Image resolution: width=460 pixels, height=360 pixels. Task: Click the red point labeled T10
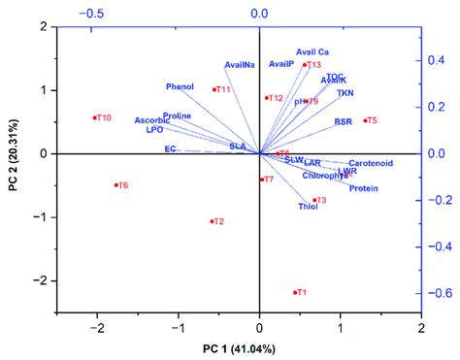[x=95, y=118]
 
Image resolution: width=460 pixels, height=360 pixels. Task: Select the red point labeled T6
[x=116, y=185]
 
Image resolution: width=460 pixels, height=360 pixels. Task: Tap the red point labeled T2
[x=213, y=221]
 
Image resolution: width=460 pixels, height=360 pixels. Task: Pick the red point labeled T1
[x=295, y=292]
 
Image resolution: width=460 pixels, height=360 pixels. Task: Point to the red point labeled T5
[x=365, y=120]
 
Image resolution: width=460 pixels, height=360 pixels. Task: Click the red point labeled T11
[x=214, y=89]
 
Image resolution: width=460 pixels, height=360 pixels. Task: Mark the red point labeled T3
[x=314, y=200]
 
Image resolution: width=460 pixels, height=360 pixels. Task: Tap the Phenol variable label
[x=180, y=86]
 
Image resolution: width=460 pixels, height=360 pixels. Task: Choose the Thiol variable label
[x=308, y=207]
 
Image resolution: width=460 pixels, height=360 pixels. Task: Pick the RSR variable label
[x=343, y=121]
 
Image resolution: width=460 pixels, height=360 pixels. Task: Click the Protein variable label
[x=363, y=188]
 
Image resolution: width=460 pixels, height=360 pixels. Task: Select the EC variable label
[x=170, y=149]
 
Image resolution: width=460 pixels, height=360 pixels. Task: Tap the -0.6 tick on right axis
[x=439, y=293]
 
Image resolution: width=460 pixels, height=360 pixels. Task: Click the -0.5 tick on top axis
[x=95, y=15]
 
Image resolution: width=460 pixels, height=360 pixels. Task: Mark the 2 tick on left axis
[x=45, y=27]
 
